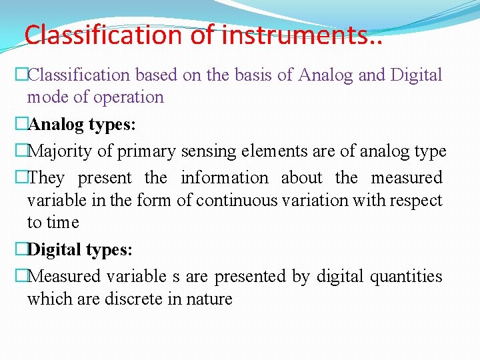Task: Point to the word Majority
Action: click(x=62, y=151)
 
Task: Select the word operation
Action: click(x=127, y=97)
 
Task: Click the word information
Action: click(x=224, y=178)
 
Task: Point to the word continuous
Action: click(x=225, y=200)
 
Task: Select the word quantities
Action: click(x=406, y=276)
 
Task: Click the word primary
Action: click(x=146, y=151)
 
